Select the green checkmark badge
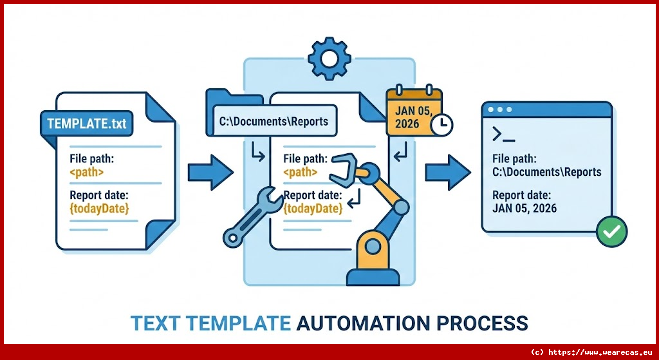[611, 231]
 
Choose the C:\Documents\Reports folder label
[274, 121]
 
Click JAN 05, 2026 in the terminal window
[524, 208]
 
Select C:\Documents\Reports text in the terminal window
[546, 172]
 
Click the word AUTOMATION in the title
[367, 323]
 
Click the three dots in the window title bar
[500, 109]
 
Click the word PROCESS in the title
[485, 323]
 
